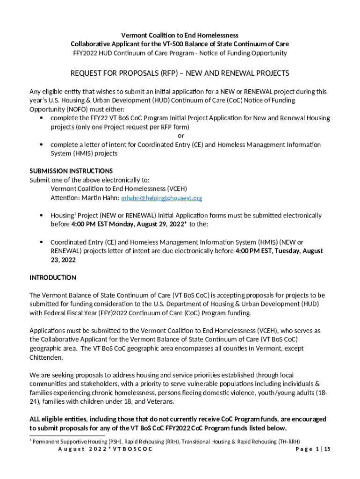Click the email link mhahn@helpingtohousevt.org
(x=162, y=198)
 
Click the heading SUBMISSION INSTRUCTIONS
(x=71, y=171)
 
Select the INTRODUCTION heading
(x=53, y=277)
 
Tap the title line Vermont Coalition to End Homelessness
(x=180, y=35)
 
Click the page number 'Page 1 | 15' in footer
(x=313, y=449)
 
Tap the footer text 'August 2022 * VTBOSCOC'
(x=105, y=449)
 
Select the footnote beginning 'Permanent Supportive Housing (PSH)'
(x=166, y=441)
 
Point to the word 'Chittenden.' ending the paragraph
(x=45, y=357)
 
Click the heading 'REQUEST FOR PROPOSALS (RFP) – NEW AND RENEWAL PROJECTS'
(x=180, y=73)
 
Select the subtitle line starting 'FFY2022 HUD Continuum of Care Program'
(x=180, y=53)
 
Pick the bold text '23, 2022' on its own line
(x=63, y=260)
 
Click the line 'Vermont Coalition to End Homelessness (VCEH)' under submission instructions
(x=119, y=189)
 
